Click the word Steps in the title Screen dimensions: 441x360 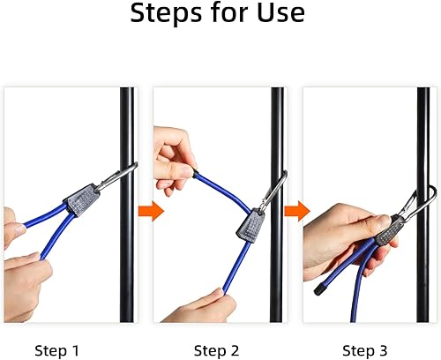(x=167, y=12)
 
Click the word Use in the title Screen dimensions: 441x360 (x=280, y=12)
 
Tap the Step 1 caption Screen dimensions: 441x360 (x=56, y=350)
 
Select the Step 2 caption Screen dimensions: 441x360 (x=216, y=350)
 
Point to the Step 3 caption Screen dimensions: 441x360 (x=364, y=350)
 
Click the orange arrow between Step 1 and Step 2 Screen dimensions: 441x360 (x=151, y=211)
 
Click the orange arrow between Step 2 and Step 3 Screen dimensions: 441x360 (x=297, y=211)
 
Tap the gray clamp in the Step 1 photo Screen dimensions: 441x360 (x=81, y=200)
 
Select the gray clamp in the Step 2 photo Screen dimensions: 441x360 (x=250, y=225)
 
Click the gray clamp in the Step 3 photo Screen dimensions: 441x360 (x=387, y=231)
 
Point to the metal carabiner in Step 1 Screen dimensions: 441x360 (x=116, y=176)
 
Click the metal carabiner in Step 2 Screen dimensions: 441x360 (x=273, y=191)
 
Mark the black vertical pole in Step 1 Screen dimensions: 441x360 (x=127, y=205)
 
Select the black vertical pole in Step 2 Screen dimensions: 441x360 (x=276, y=205)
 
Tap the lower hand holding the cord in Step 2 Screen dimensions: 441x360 (x=203, y=307)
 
